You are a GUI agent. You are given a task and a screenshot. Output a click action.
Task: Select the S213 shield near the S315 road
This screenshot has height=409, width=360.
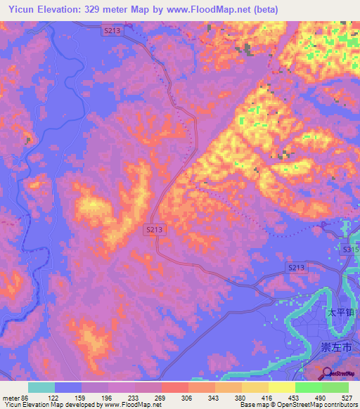pyautogui.click(x=297, y=268)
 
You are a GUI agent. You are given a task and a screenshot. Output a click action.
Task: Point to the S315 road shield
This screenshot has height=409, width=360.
pyautogui.click(x=351, y=250)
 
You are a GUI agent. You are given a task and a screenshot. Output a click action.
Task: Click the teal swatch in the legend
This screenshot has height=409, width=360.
pyautogui.click(x=41, y=387)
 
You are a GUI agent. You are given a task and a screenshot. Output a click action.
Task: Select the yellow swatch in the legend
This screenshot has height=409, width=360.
pyautogui.click(x=281, y=387)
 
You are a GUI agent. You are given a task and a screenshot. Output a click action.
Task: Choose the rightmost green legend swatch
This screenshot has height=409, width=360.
pyautogui.click(x=335, y=387)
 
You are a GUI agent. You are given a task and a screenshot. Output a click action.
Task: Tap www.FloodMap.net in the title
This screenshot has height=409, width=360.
pyautogui.click(x=212, y=10)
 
